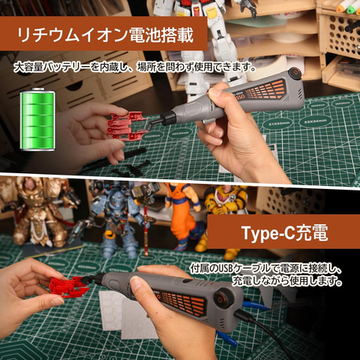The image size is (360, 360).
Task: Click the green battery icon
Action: tap(37, 119)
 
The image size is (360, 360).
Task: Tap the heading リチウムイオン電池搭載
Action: tap(105, 34)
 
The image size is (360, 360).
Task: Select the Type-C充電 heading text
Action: tap(284, 233)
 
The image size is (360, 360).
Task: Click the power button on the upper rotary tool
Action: tap(294, 73)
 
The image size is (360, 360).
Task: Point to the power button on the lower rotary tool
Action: tap(222, 298)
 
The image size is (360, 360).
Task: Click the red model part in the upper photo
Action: tap(127, 125)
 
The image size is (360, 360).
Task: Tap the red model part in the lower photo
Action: tap(68, 287)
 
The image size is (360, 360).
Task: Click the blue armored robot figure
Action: tap(118, 219)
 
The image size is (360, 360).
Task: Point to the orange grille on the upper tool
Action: tap(265, 90)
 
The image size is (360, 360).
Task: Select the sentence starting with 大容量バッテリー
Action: tap(135, 67)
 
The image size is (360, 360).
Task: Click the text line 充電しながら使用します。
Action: tap(286, 280)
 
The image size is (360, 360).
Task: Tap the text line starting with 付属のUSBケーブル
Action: tap(265, 268)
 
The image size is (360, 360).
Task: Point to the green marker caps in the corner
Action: tap(348, 7)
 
